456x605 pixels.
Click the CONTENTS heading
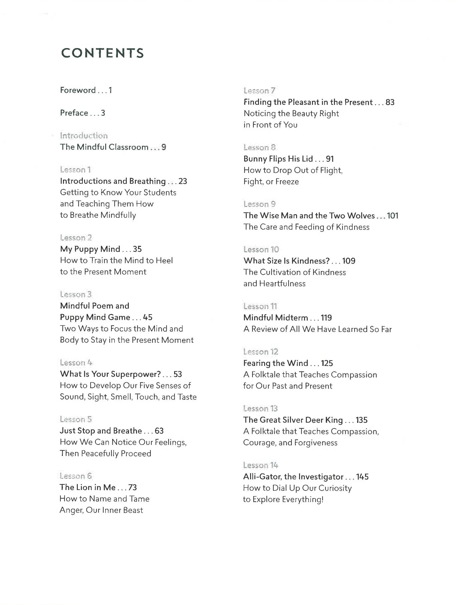coord(102,53)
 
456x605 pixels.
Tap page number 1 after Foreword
coord(110,90)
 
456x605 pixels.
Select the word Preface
coord(74,113)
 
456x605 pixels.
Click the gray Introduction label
coord(84,136)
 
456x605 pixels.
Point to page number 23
coord(183,181)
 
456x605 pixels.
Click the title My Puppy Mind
coord(90,249)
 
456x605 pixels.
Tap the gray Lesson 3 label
coord(76,294)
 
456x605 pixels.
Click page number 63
coord(159,431)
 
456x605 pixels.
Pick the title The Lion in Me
coord(88,487)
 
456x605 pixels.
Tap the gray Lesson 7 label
coord(259,91)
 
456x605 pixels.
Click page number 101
coord(392,216)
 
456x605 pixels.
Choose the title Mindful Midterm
coord(276,318)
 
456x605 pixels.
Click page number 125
coord(327,363)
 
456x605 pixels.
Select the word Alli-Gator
coord(262,477)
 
